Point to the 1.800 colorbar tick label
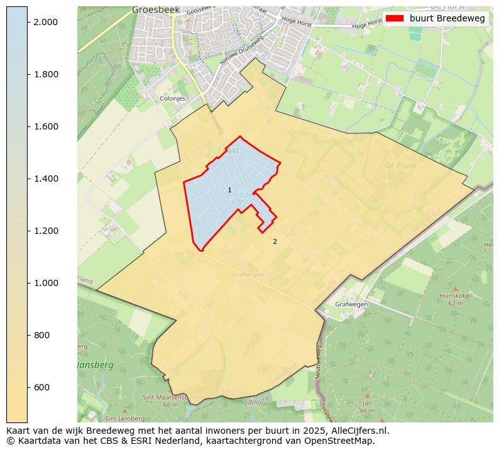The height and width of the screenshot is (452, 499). pos(45,74)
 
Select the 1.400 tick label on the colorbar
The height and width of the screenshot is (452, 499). pos(45,179)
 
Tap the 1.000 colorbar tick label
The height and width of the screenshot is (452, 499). pos(45,283)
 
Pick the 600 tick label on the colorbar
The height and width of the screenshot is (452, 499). pos(43,387)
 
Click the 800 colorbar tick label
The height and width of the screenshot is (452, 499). pos(43,335)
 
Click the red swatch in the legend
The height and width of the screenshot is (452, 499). pos(395,18)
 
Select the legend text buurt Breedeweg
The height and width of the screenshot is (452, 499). pos(447,18)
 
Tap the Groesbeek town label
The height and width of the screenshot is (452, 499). pos(155,10)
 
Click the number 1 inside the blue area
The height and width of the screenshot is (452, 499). pos(229,190)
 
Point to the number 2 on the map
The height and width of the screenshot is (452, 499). pos(275,241)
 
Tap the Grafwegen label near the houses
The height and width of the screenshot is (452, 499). pos(351,304)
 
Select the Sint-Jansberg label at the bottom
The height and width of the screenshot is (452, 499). pos(124,418)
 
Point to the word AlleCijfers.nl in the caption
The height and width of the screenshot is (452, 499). pos(360,431)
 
